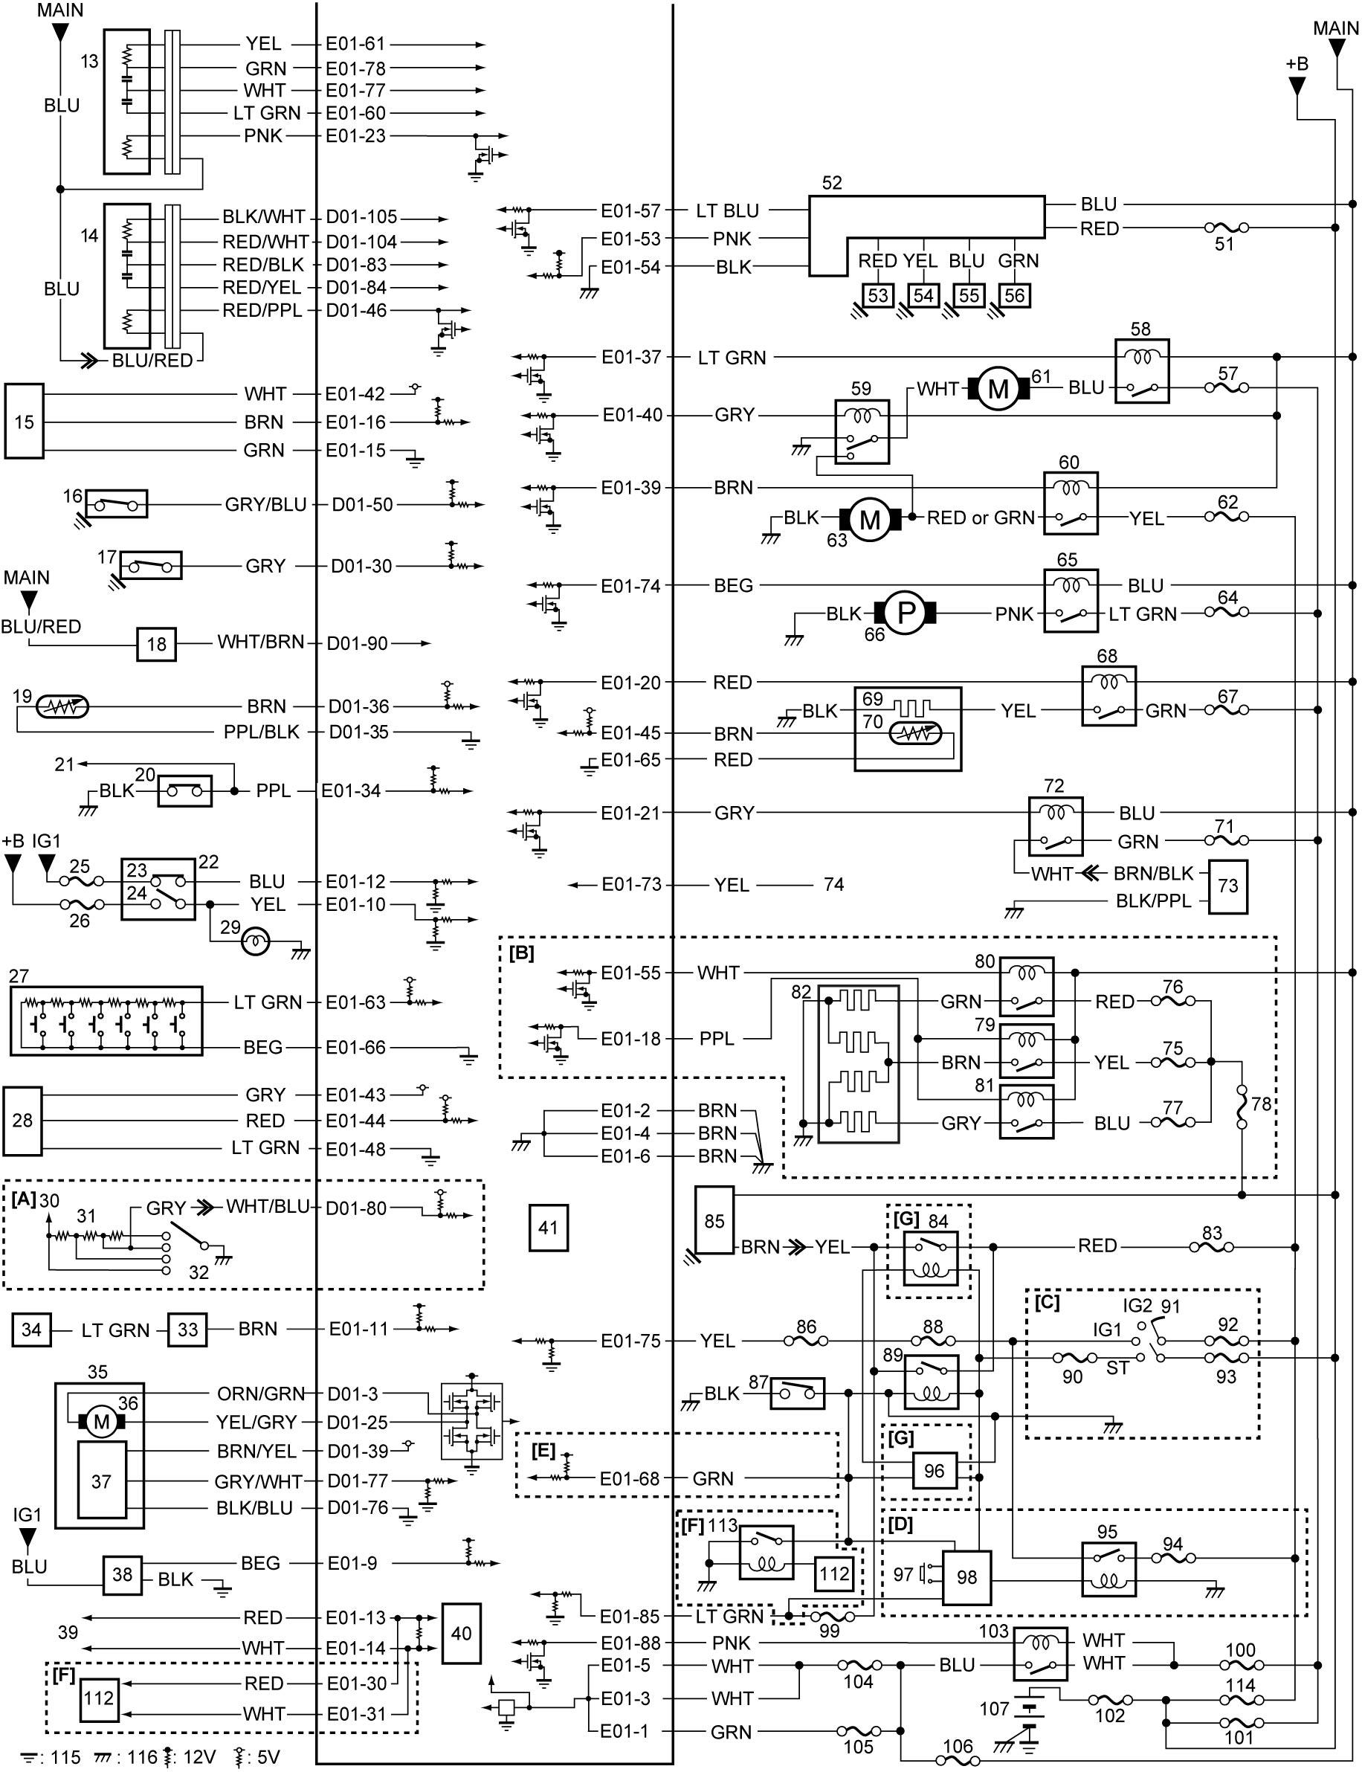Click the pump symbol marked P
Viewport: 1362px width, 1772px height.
tap(905, 613)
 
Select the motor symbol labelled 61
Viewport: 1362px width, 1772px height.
tap(998, 388)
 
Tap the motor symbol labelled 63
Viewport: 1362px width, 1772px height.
tap(869, 518)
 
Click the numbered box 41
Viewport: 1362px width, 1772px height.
tap(548, 1227)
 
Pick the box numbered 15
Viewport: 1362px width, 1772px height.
tap(25, 422)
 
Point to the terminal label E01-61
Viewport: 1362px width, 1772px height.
tap(355, 44)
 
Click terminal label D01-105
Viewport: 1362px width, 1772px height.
tap(361, 217)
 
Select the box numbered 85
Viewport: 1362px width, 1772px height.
tap(714, 1220)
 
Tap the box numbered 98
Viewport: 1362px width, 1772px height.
tap(966, 1576)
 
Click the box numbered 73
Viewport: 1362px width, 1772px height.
tap(1227, 886)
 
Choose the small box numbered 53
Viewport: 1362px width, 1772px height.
tap(878, 295)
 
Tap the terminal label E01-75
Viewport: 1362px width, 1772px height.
tap(630, 1341)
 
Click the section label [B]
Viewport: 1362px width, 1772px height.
tap(521, 953)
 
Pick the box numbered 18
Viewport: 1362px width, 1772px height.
tap(156, 644)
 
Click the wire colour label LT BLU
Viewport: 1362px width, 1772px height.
tap(727, 211)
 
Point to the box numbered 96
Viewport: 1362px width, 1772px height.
tap(934, 1470)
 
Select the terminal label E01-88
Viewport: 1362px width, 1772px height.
tap(630, 1643)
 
